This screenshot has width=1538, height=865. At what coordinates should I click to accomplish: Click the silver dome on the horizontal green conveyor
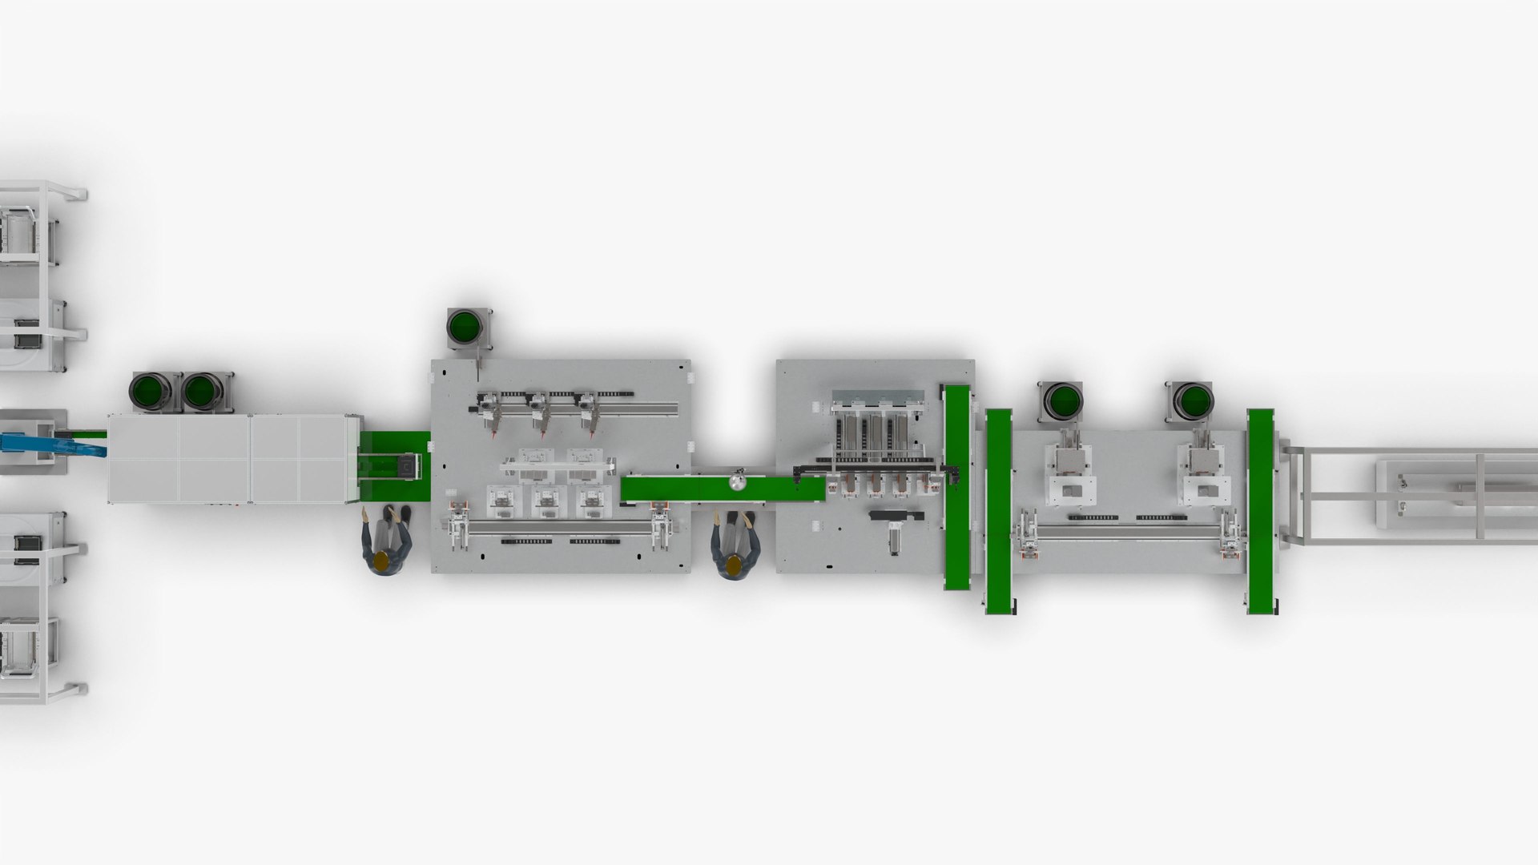click(735, 482)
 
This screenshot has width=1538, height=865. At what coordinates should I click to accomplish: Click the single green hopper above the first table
click(465, 328)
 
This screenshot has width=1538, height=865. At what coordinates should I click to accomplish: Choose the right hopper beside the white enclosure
click(202, 392)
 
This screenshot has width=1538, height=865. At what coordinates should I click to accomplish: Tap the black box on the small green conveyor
click(409, 465)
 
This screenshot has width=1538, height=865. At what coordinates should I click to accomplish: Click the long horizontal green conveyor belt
click(721, 489)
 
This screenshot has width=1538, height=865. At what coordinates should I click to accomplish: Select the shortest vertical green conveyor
click(956, 487)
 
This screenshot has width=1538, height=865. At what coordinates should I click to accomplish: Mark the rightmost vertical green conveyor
click(1260, 511)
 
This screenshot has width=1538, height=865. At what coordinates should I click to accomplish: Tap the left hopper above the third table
click(1063, 400)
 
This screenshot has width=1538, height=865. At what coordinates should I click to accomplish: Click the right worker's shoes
click(734, 520)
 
